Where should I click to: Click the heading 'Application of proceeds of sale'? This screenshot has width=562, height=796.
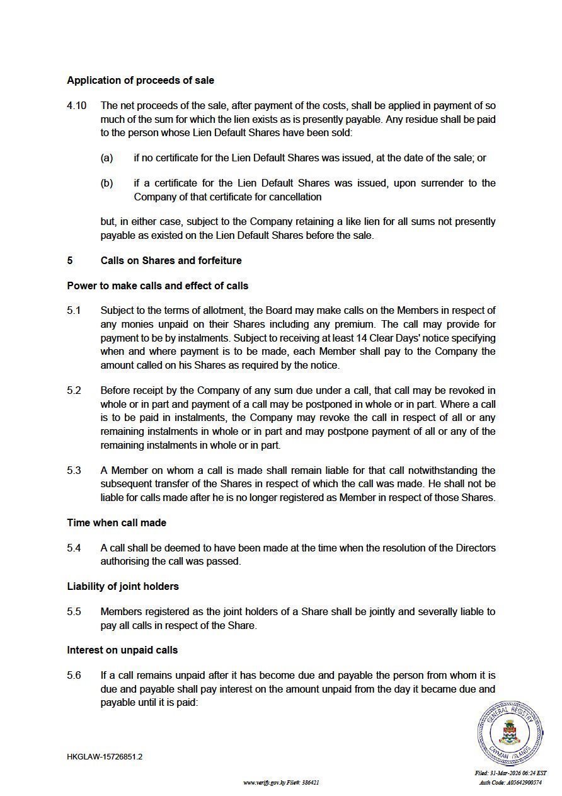click(x=140, y=81)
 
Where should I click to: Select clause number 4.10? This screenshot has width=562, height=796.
click(x=77, y=106)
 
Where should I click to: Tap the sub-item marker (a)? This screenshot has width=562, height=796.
click(x=106, y=158)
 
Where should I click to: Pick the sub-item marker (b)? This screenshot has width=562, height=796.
click(x=106, y=183)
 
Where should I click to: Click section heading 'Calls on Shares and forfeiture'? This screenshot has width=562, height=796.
click(x=171, y=261)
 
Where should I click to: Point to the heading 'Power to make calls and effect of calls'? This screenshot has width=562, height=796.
click(x=158, y=286)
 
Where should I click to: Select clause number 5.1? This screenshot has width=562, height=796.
click(x=74, y=311)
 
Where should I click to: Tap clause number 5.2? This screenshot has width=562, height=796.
click(x=74, y=391)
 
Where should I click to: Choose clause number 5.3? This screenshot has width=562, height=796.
click(x=74, y=471)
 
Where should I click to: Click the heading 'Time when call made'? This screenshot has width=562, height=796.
click(x=117, y=523)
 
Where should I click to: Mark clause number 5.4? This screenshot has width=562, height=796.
click(x=74, y=548)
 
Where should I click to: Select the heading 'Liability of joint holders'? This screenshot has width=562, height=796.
click(x=123, y=587)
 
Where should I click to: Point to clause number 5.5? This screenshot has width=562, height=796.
click(x=74, y=612)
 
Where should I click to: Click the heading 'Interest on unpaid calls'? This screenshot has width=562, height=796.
click(x=122, y=650)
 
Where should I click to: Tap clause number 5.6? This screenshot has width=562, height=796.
click(x=74, y=676)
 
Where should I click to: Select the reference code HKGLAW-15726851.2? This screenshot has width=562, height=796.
click(x=105, y=757)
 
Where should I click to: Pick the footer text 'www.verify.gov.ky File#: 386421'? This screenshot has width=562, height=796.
click(x=281, y=783)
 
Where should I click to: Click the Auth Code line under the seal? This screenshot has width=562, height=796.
click(x=510, y=783)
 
